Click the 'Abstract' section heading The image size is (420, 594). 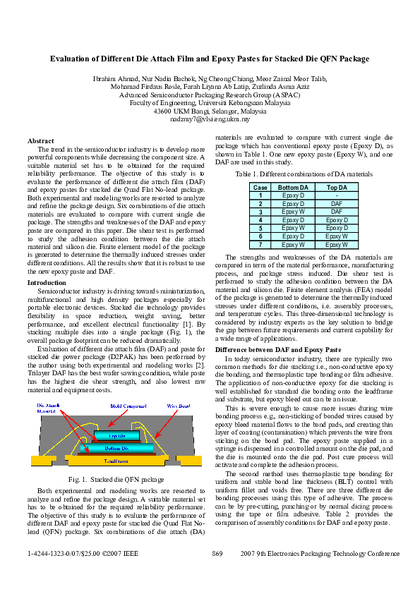40,141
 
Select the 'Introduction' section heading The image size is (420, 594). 47,282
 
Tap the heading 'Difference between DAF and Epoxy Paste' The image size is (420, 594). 278,349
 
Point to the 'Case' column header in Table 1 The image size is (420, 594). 260,187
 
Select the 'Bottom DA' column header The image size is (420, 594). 293,187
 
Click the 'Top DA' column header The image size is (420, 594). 337,187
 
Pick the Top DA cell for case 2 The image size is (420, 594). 337,203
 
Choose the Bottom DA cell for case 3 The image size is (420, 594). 293,212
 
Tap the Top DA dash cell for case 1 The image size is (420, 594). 337,195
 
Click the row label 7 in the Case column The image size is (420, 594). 260,245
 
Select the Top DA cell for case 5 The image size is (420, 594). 337,228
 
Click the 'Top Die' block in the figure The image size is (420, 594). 117,436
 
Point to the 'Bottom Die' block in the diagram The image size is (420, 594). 116,448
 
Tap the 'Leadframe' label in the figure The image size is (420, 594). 116,460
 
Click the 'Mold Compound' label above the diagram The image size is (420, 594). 128,406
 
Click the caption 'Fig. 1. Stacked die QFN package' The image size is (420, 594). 117,478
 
